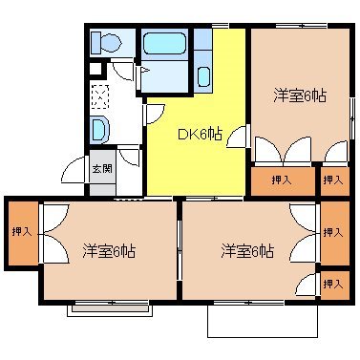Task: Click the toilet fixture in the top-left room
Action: click(x=105, y=43)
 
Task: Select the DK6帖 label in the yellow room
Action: click(x=200, y=135)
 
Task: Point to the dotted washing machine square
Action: click(x=101, y=95)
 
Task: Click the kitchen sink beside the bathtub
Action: click(x=203, y=77)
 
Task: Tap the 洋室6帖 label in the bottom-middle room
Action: click(x=247, y=251)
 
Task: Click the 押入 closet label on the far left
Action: click(x=21, y=231)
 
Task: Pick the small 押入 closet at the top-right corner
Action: click(x=333, y=180)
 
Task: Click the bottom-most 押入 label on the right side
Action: click(x=333, y=284)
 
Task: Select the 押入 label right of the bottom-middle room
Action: click(x=333, y=232)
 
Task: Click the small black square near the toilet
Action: click(x=95, y=69)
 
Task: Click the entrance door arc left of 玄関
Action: click(x=73, y=172)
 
